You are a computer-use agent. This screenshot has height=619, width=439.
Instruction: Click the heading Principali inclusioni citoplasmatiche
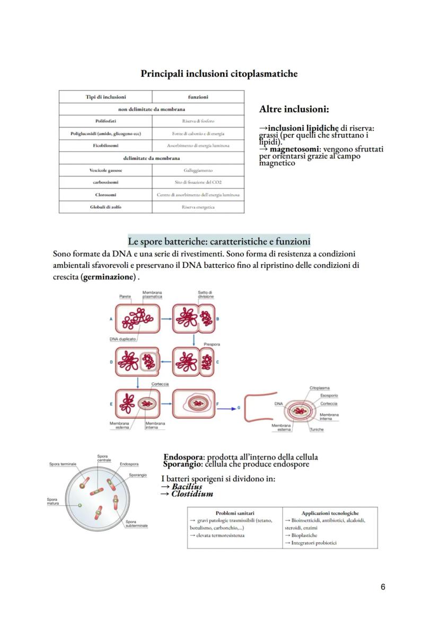[219, 74]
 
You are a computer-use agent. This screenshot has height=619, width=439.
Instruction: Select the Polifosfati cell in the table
[106, 121]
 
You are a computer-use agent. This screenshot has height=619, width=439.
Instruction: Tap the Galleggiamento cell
[198, 171]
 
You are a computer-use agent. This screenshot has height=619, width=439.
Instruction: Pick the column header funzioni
[198, 97]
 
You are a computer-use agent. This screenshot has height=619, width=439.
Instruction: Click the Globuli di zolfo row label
[106, 207]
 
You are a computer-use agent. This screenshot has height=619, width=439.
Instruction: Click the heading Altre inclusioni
[294, 110]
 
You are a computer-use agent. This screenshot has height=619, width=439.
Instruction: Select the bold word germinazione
[109, 277]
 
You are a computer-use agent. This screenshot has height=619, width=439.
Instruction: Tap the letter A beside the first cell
[111, 319]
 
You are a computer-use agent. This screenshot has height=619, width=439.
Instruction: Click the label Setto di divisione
[205, 294]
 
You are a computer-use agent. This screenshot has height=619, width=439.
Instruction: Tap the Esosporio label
[329, 396]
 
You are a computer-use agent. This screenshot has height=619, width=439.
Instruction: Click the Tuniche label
[317, 429]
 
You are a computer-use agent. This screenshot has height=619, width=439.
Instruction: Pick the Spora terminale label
[63, 464]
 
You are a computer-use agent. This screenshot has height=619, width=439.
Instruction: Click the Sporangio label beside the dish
[138, 475]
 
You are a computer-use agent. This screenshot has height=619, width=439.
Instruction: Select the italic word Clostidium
[192, 494]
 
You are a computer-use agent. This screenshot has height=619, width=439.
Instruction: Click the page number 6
[383, 587]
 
